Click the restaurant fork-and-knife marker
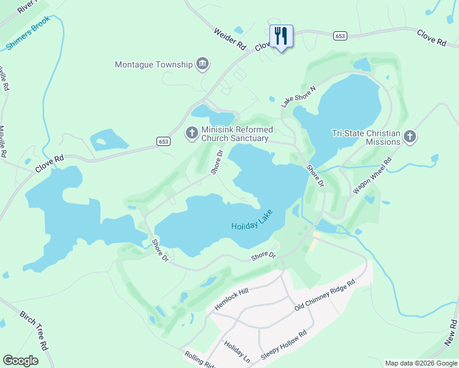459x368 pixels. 281,36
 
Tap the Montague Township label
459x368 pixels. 154,64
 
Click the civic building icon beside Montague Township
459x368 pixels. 202,64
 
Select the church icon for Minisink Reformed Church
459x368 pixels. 192,132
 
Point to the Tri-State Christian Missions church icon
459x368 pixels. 410,137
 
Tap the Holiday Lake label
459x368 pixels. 251,221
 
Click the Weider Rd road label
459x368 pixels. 230,38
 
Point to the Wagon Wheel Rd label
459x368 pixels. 372,176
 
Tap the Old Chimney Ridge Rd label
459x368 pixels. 325,295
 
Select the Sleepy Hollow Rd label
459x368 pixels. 283,346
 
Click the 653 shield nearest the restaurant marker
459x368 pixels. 340,36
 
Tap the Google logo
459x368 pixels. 20,360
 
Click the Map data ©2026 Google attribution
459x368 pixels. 420,363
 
